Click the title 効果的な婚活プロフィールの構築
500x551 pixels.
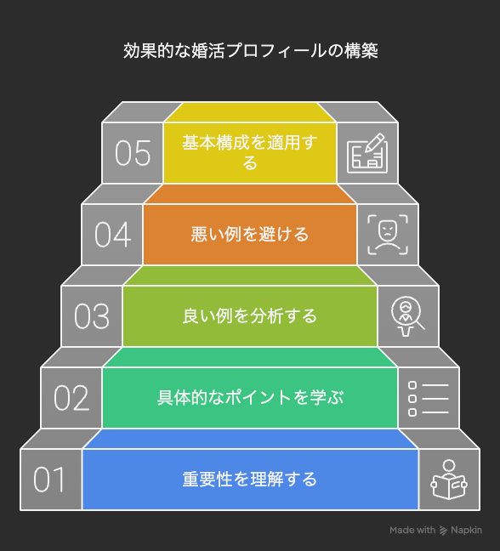point(251,51)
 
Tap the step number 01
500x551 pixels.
point(49,480)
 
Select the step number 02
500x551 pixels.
point(71,398)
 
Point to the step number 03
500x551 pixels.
point(92,316)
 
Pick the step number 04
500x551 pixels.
point(112,235)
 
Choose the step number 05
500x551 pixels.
point(133,153)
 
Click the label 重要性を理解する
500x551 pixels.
point(250,480)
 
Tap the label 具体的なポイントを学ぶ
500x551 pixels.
point(250,397)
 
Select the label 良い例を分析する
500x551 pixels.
point(250,315)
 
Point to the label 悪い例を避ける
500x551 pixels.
point(250,234)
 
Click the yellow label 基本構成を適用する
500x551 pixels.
point(250,152)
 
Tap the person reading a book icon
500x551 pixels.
point(449,480)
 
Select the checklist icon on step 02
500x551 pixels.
point(429,399)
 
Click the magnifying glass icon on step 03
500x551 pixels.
point(407,316)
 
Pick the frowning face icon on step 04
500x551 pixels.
point(388,235)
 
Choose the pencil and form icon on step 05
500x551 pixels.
point(367,153)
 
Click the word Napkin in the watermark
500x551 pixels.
point(466,531)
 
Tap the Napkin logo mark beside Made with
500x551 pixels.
point(443,531)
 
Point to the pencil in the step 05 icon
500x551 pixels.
point(374,142)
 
